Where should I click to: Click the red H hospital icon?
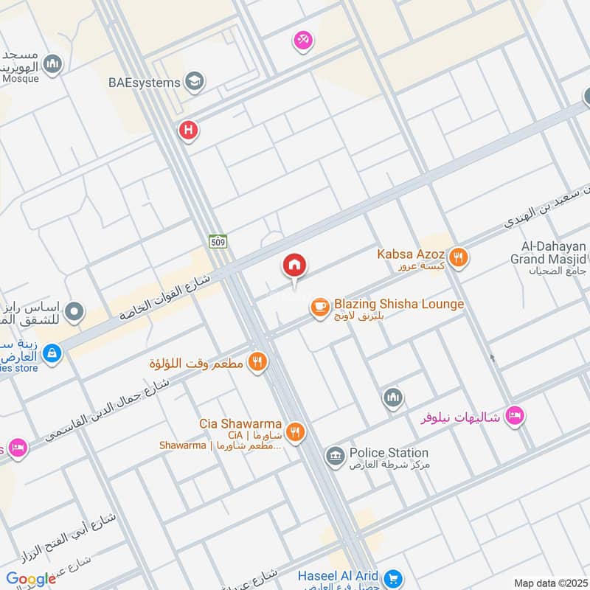tap(189, 131)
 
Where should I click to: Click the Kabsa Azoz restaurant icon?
tap(459, 257)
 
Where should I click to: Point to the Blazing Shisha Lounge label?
tap(398, 304)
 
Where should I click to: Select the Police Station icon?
tap(335, 456)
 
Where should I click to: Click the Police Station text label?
tap(389, 453)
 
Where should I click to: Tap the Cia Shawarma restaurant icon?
tap(295, 432)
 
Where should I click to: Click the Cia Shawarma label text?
tap(240, 424)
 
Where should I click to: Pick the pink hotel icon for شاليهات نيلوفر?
tap(515, 417)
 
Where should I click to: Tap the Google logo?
tap(31, 579)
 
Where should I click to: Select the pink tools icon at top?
tap(302, 41)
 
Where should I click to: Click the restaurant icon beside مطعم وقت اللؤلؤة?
tap(257, 362)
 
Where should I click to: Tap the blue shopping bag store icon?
tap(52, 353)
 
